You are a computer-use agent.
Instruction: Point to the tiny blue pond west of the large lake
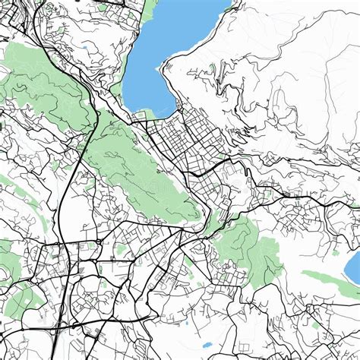(x=85, y=47)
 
